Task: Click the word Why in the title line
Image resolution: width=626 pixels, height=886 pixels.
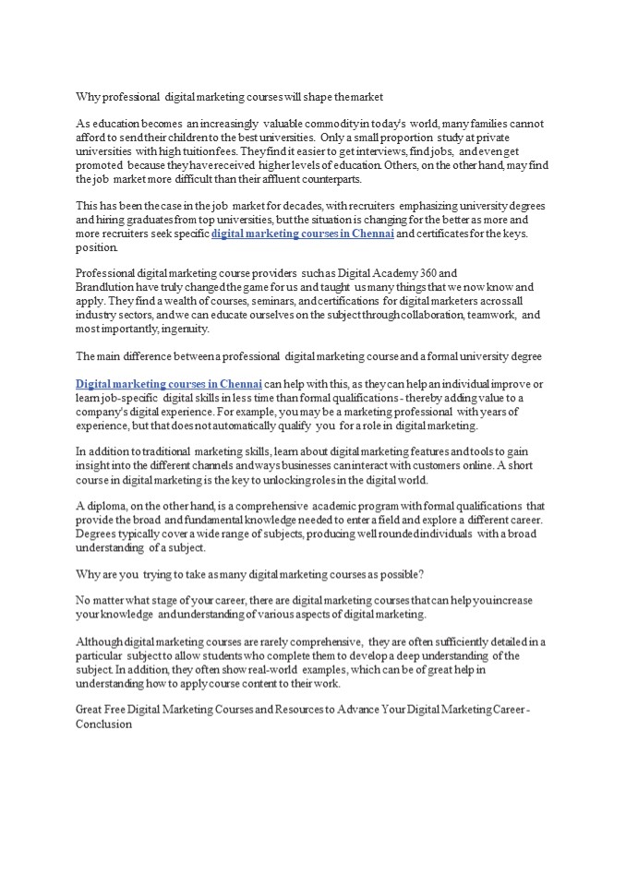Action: click(86, 96)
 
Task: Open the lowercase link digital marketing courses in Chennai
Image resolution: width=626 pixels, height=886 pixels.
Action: click(303, 233)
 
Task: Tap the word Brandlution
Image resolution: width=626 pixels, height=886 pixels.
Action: click(103, 288)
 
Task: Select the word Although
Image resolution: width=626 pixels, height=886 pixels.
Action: click(98, 642)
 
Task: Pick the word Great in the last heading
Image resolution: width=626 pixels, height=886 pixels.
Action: click(90, 711)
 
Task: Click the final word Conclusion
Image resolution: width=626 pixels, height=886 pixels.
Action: click(103, 724)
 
